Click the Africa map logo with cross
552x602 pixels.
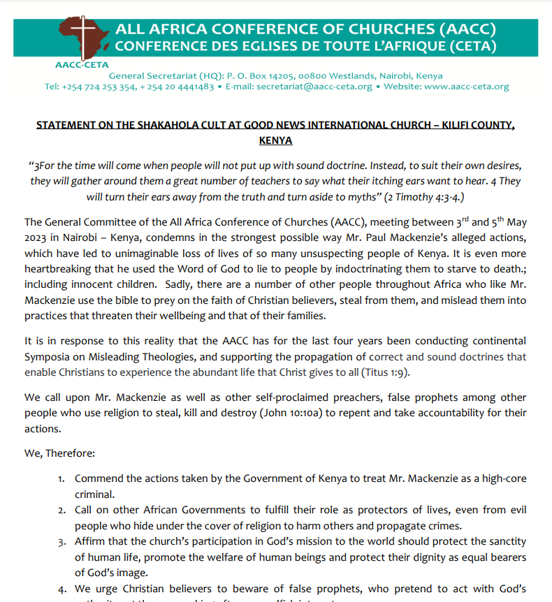[82, 39]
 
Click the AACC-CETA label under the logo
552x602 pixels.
[77, 65]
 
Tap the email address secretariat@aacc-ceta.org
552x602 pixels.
[314, 87]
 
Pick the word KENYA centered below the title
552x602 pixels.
[275, 140]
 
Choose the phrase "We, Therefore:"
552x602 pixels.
[59, 453]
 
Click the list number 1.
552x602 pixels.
[61, 478]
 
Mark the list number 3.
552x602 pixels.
[61, 542]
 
